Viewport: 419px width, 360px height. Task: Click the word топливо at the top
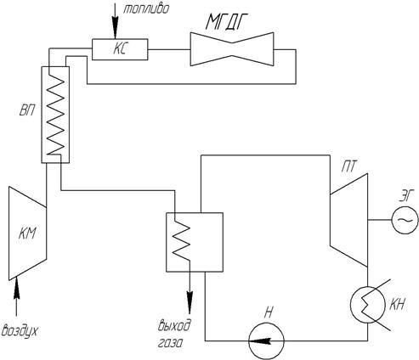146,9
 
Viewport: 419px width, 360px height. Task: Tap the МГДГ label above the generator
225,21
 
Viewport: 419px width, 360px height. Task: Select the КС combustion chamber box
120,49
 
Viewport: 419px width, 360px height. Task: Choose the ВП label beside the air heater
27,110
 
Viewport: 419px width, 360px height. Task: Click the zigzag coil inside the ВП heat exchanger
55,115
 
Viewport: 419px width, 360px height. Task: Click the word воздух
20,331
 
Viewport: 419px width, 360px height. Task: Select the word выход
174,325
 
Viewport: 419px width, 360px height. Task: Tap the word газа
169,343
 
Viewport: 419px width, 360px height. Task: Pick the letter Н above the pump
269,312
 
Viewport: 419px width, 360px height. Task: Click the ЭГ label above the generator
406,196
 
